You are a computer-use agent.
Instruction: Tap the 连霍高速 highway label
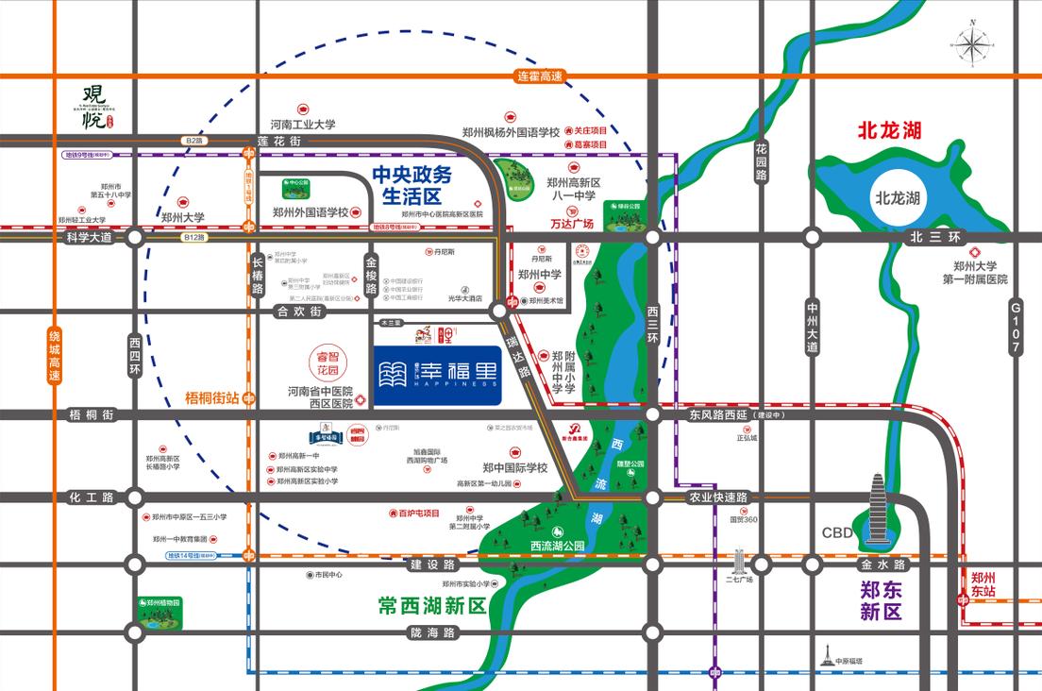[x=540, y=76]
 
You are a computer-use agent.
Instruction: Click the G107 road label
[x=1016, y=329]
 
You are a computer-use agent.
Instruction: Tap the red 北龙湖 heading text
[x=888, y=129]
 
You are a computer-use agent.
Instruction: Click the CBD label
[x=837, y=533]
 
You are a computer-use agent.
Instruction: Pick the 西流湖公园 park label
[x=558, y=546]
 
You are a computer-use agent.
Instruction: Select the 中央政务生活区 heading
[x=412, y=185]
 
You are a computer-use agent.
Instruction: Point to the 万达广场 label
[x=571, y=225]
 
